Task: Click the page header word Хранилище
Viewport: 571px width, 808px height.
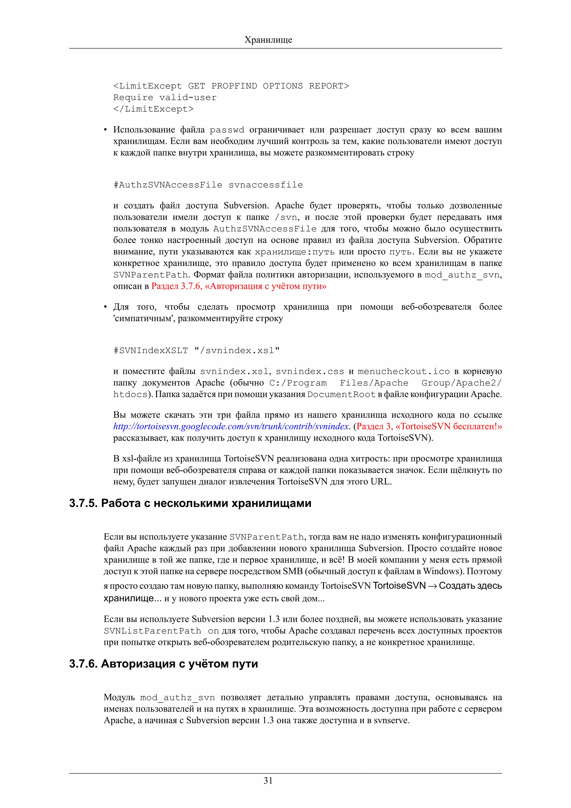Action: tap(268, 40)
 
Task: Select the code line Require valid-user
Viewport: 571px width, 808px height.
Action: tap(165, 98)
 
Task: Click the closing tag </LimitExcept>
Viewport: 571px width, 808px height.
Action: tap(153, 109)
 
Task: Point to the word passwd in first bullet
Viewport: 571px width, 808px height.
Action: tap(227, 130)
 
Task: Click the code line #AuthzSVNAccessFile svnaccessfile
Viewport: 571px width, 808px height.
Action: tap(208, 185)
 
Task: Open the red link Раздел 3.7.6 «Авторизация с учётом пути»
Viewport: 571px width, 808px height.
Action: tap(239, 286)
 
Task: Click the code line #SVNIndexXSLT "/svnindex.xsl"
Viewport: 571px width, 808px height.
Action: tap(196, 350)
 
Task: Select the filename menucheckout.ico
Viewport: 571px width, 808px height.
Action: tap(403, 372)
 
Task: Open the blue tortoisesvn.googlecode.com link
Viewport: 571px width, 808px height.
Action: tap(231, 427)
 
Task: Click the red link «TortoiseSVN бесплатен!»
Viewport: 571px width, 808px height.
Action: tap(429, 427)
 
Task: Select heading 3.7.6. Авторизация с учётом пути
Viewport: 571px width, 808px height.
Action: tap(164, 664)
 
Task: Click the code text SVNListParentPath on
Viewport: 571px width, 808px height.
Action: tap(161, 631)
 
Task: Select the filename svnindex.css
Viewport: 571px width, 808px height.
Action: tap(309, 372)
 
